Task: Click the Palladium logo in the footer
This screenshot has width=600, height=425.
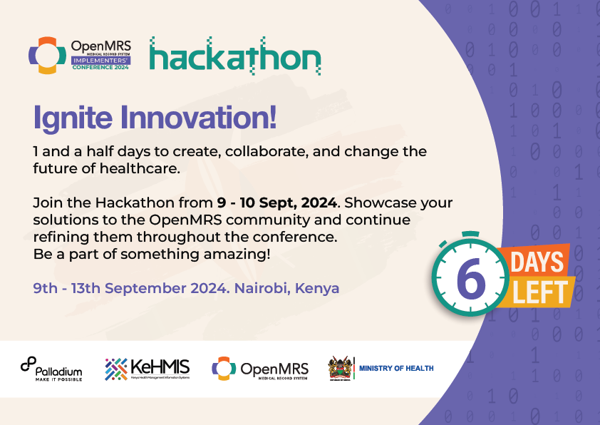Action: [x=51, y=369]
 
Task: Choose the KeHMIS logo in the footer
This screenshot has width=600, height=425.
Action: [x=148, y=369]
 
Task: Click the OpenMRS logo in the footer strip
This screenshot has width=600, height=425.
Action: [x=260, y=369]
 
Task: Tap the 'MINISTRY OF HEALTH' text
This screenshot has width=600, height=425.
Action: [x=396, y=369]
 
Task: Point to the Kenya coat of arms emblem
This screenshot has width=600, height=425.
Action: [x=340, y=369]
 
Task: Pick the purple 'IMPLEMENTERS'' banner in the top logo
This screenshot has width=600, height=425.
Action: [x=100, y=61]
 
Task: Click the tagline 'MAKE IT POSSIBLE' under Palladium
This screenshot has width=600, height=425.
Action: [x=59, y=379]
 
